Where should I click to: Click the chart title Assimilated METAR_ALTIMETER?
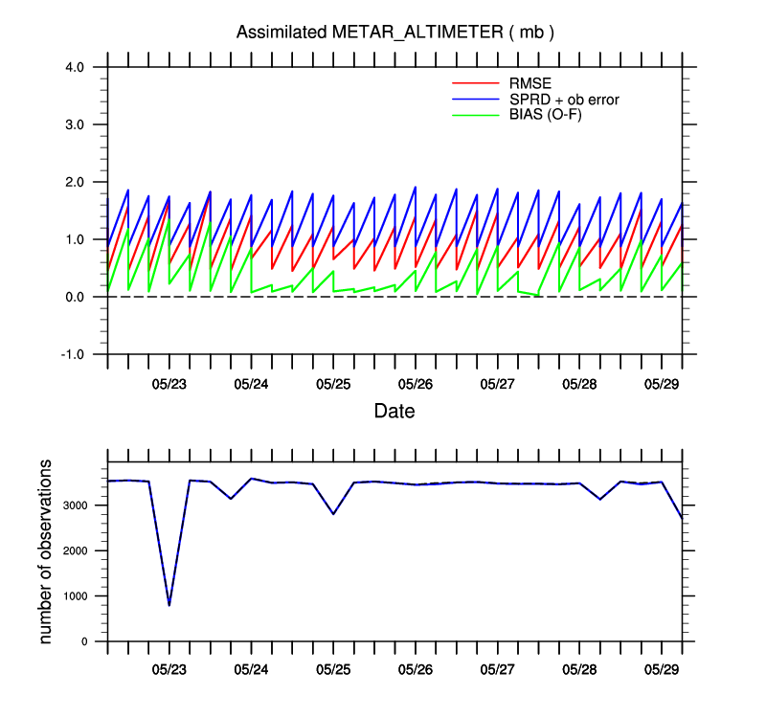click(x=395, y=33)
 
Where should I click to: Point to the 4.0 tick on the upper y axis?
click(x=76, y=67)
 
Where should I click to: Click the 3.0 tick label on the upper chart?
click(x=76, y=124)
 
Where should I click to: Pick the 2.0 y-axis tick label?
click(x=76, y=182)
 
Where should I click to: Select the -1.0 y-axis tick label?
click(x=74, y=354)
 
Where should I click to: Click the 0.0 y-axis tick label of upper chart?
click(x=76, y=297)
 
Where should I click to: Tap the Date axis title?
click(x=394, y=412)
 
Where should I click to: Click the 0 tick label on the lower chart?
click(x=86, y=641)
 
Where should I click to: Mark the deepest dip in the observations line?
click(x=169, y=605)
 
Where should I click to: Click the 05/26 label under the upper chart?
click(x=416, y=383)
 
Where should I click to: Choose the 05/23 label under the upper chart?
click(x=169, y=383)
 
